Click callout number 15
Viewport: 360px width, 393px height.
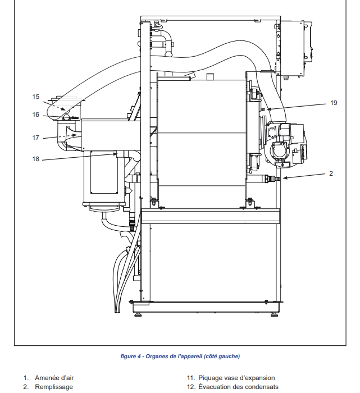[x=35, y=97]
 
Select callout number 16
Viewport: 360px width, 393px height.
[x=35, y=115]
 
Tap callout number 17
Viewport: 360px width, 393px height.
[x=35, y=138]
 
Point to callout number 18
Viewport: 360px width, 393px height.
[x=35, y=159]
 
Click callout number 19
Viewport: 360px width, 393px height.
[x=334, y=103]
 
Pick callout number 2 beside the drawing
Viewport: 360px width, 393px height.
[x=331, y=173]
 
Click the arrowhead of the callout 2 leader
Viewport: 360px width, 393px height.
[x=284, y=178]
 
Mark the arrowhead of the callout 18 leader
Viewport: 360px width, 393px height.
[x=115, y=154]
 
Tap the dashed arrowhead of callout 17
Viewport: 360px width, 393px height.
[x=75, y=135]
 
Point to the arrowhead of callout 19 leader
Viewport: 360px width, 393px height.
[x=269, y=109]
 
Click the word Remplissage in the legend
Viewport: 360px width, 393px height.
[x=54, y=387]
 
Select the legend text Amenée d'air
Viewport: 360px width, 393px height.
[x=54, y=378]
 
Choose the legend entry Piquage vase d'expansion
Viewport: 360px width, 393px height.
[x=236, y=378]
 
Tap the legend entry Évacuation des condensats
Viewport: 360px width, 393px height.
[x=238, y=387]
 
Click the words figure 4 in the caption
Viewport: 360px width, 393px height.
[x=131, y=356]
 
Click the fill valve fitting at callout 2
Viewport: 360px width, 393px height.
[x=271, y=179]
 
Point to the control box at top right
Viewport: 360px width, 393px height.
[x=296, y=49]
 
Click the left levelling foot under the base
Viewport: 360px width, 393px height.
[x=138, y=314]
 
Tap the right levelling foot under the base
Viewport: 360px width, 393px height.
[x=274, y=314]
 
